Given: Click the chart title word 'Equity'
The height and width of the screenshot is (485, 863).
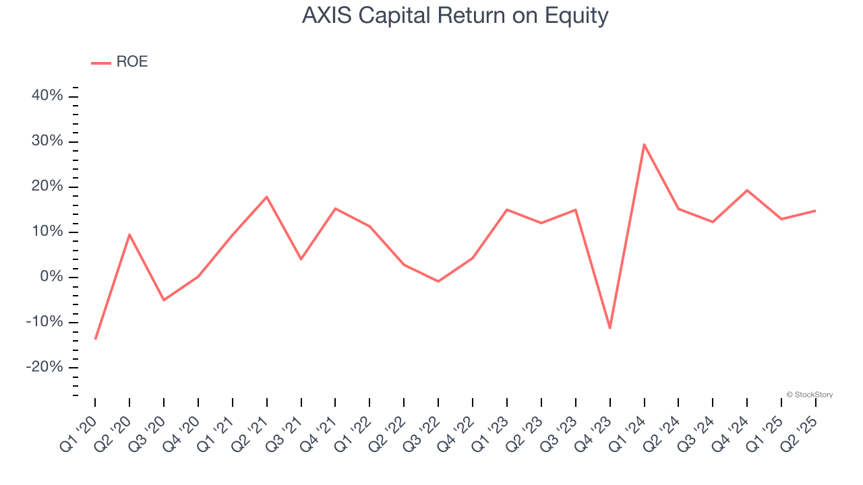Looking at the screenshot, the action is pyautogui.click(x=576, y=16).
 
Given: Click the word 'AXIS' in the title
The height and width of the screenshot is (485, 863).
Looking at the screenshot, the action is pyautogui.click(x=327, y=15).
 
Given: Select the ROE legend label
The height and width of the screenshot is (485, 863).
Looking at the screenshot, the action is pyautogui.click(x=132, y=61).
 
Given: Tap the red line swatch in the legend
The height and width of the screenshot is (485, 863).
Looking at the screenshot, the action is pyautogui.click(x=101, y=63).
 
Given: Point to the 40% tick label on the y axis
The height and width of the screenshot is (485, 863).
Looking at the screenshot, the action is pyautogui.click(x=47, y=95).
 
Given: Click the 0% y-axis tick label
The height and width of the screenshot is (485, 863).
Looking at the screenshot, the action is pyautogui.click(x=52, y=276).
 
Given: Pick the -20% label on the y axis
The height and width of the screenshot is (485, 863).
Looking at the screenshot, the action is pyautogui.click(x=44, y=367).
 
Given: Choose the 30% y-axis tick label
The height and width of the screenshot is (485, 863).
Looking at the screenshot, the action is pyautogui.click(x=47, y=141).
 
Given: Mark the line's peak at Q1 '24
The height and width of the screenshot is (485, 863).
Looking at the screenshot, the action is pyautogui.click(x=644, y=144).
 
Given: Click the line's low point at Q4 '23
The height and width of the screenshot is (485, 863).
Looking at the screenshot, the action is pyautogui.click(x=610, y=328).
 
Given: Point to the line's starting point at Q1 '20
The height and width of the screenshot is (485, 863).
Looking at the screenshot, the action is pyautogui.click(x=95, y=339).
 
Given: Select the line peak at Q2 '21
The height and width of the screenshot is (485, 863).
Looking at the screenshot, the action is pyautogui.click(x=266, y=197).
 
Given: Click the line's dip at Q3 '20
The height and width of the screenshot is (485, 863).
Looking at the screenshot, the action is pyautogui.click(x=164, y=300).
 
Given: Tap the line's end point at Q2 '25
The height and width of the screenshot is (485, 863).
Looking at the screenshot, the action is pyautogui.click(x=816, y=211).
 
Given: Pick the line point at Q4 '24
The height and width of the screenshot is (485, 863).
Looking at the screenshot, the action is pyautogui.click(x=747, y=190).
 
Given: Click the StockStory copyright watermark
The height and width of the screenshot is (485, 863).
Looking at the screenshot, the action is pyautogui.click(x=810, y=395).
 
